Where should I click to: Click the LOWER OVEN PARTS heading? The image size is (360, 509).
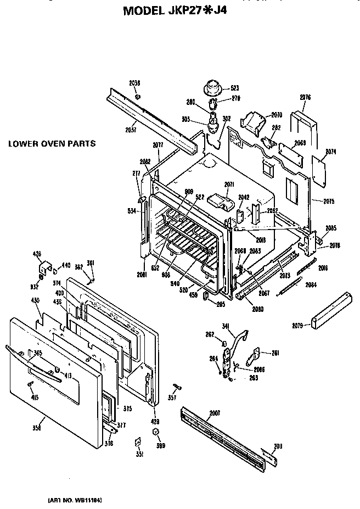point(52,144)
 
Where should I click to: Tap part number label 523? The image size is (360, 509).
point(235,88)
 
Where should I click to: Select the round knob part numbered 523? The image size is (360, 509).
point(212,87)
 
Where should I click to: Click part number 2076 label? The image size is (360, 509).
point(306,98)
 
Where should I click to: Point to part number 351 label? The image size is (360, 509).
point(140,455)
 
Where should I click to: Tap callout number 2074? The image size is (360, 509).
point(330,152)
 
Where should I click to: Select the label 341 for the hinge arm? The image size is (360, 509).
point(225,326)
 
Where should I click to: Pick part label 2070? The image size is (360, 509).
point(276,115)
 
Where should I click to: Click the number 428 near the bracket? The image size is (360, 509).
point(37,254)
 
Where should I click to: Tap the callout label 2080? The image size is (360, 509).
point(257,309)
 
